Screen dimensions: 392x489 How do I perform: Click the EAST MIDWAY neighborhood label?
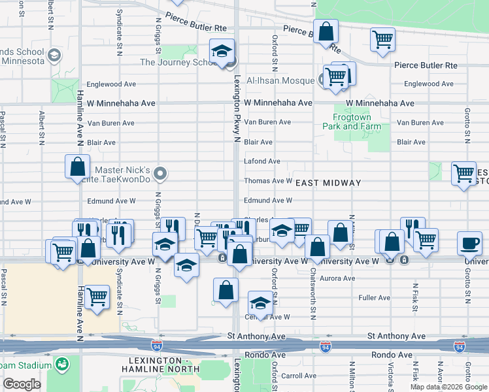tap(328, 183)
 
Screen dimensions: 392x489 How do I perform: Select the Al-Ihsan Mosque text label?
tap(282, 80)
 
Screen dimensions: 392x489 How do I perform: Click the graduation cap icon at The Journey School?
tap(222, 51)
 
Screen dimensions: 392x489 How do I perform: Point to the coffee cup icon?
tap(469, 242)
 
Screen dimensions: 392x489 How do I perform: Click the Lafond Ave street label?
tap(261, 161)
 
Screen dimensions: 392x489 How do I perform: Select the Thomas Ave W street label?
tap(267, 181)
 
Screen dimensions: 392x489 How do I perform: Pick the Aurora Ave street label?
tap(338, 278)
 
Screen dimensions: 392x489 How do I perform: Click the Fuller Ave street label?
tap(375, 298)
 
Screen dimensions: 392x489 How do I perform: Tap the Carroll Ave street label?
tap(298, 376)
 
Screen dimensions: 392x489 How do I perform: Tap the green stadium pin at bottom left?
tap(63, 364)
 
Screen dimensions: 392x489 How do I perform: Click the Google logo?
tap(22, 384)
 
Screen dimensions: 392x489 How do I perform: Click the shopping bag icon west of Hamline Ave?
tap(77, 166)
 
